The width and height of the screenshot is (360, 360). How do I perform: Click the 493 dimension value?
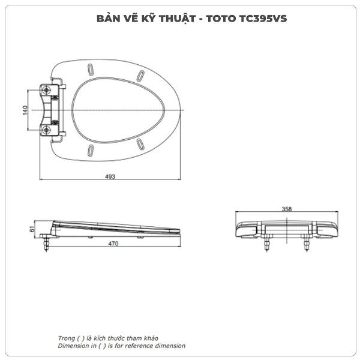point(110,176)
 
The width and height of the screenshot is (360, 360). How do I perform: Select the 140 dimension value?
point(25,110)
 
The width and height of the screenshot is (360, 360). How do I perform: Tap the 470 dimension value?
point(113,244)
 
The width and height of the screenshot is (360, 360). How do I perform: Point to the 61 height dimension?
point(32,229)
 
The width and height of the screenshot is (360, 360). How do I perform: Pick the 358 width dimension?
point(287,209)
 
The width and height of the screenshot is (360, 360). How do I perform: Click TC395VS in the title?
point(263,19)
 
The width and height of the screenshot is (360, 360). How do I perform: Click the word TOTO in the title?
point(221,19)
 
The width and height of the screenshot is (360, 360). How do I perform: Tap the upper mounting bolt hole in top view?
point(47,91)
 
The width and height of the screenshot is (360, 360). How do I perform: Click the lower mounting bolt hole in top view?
point(47,130)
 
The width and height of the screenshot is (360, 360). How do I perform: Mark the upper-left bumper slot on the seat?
point(91,69)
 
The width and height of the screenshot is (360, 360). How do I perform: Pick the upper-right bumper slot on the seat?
point(140,76)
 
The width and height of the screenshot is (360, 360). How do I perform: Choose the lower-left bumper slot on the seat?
point(91,151)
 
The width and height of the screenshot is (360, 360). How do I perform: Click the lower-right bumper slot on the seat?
point(140,144)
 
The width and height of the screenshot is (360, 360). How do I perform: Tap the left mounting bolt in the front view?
point(267,244)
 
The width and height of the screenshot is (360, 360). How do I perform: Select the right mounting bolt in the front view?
point(307,244)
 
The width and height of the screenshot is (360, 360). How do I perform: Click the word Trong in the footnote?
point(67,338)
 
